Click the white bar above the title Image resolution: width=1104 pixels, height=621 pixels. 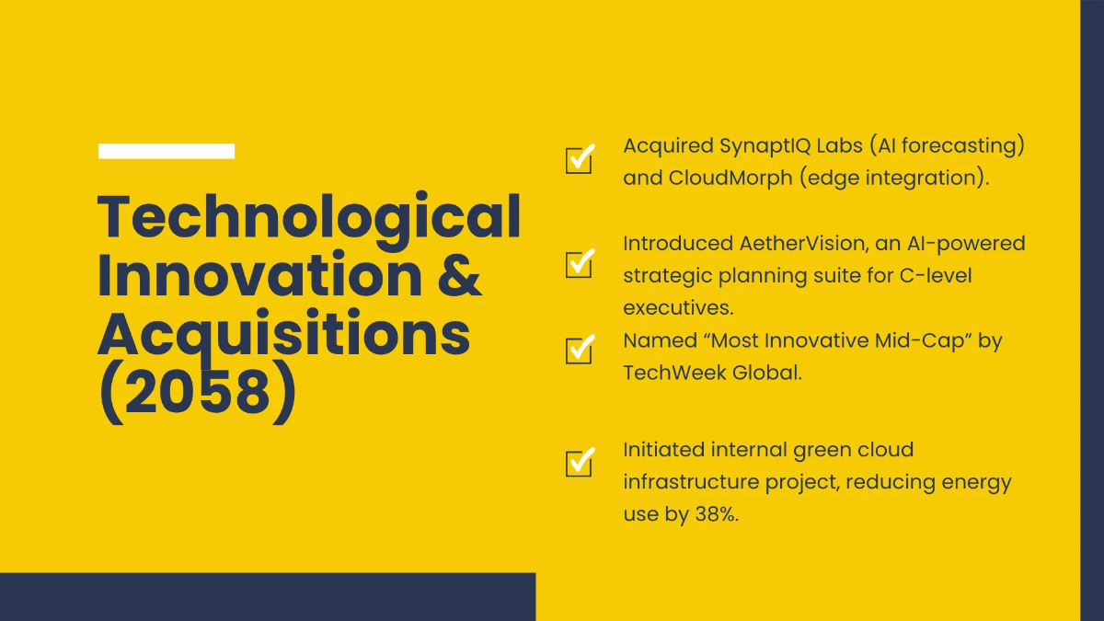pos(167,151)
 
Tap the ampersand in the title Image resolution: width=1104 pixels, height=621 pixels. pos(459,275)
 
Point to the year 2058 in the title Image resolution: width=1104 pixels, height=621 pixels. pos(198,393)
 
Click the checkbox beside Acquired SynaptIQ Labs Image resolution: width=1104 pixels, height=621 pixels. pos(580,158)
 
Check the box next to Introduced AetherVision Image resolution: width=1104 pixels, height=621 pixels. pos(580,263)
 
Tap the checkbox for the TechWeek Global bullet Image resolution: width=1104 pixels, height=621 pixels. pos(580,350)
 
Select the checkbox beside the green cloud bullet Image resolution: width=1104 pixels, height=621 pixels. pos(580,462)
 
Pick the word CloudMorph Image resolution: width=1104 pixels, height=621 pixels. pos(730,178)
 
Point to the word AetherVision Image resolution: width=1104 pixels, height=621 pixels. pos(804,244)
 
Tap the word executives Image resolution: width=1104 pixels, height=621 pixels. pos(678,308)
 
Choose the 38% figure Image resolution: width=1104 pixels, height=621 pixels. pos(717,514)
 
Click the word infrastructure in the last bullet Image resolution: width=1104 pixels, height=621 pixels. pos(691,482)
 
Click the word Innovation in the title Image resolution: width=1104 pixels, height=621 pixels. pos(259,275)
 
